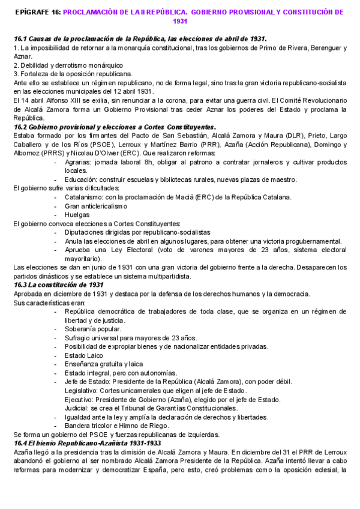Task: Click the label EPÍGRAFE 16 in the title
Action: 37,12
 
